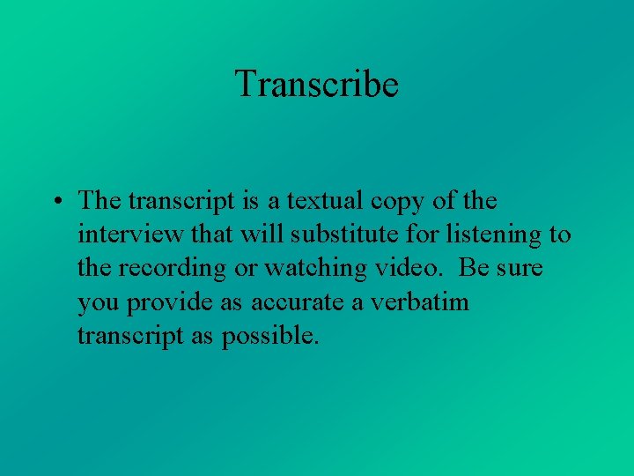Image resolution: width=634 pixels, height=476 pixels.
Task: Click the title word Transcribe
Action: (x=317, y=85)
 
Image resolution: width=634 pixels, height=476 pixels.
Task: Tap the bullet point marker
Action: (x=55, y=202)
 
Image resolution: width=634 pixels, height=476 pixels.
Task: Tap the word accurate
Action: (x=295, y=303)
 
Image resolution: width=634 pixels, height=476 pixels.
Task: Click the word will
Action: (x=252, y=234)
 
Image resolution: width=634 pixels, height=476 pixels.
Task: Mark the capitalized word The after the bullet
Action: (x=100, y=201)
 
